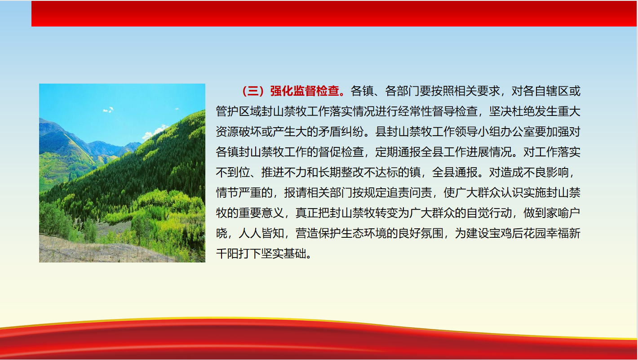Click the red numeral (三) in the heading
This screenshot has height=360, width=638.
click(x=253, y=91)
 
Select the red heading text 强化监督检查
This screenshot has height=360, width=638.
click(x=305, y=91)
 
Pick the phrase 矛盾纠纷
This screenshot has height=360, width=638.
click(x=341, y=132)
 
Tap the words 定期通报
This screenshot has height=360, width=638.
click(x=398, y=152)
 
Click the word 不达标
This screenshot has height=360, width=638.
click(x=381, y=172)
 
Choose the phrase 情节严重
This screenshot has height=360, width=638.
click(x=239, y=193)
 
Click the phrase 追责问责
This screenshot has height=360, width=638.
click(x=409, y=193)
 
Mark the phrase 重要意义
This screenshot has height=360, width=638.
click(x=261, y=213)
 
